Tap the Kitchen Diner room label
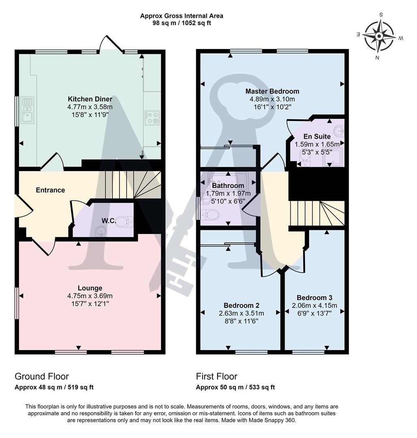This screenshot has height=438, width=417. pyautogui.click(x=90, y=99)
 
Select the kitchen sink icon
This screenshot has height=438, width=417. pyautogui.click(x=28, y=110)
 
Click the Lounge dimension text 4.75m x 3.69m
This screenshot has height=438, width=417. pyautogui.click(x=90, y=296)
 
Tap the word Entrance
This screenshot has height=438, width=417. pyautogui.click(x=50, y=190)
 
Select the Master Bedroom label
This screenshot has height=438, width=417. pyautogui.click(x=272, y=91)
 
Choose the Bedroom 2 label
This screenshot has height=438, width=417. pyautogui.click(x=241, y=305)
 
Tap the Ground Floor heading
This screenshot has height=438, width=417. pyautogui.click(x=42, y=376)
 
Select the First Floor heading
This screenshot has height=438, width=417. pyautogui.click(x=217, y=376)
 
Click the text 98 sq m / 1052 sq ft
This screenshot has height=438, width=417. pyautogui.click(x=181, y=23)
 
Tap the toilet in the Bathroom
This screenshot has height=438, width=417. pyautogui.click(x=210, y=214)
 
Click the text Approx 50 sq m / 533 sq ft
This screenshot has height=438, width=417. pyautogui.click(x=236, y=387)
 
